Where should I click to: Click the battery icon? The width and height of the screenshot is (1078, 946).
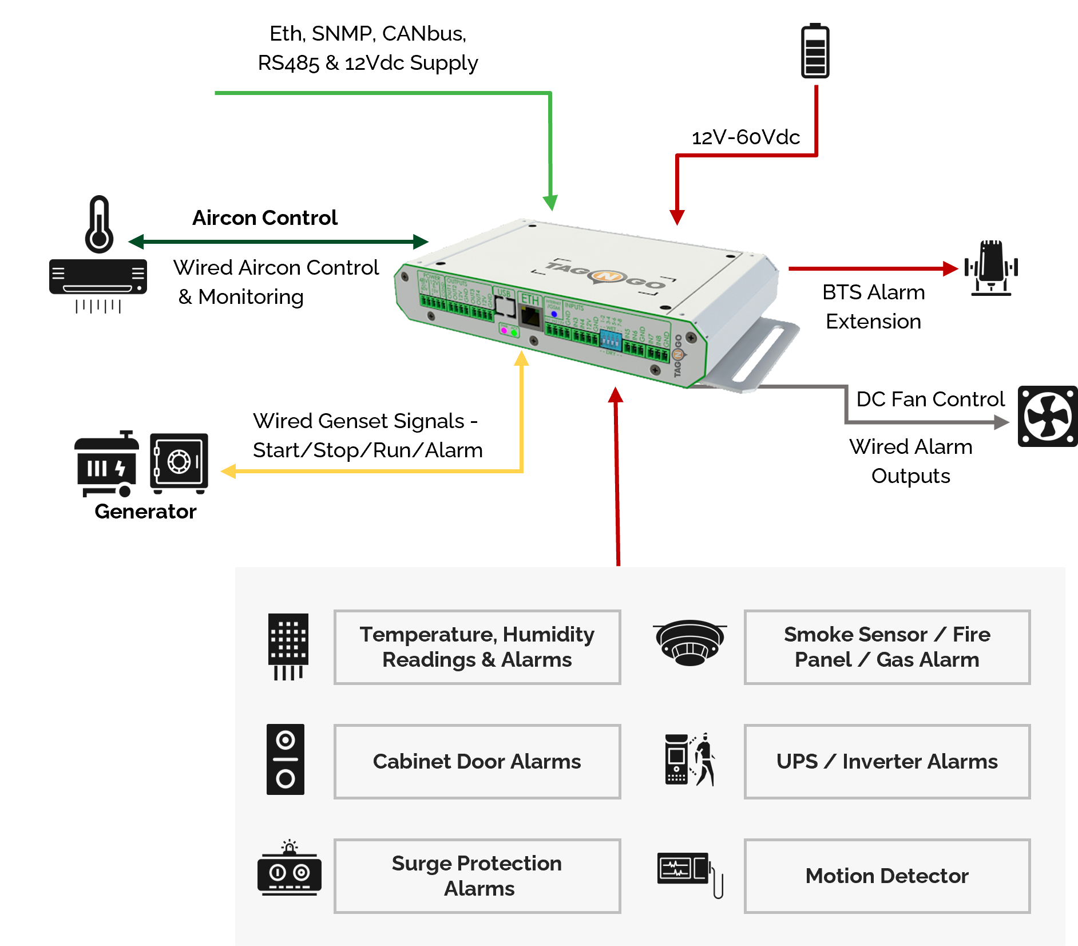(815, 52)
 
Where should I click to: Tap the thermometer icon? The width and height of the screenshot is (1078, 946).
(99, 224)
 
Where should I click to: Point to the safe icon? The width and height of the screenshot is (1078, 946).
(179, 462)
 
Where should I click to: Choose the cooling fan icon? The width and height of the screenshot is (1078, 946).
(1047, 416)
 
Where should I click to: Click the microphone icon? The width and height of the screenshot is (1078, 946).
(991, 267)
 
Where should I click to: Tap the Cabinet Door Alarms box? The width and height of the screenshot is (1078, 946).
(477, 761)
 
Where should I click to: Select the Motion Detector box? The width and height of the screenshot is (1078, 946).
(886, 876)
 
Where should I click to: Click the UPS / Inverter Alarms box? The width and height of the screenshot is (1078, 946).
(886, 761)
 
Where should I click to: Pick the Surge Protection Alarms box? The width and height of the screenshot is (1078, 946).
(477, 876)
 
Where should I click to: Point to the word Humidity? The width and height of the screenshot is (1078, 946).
(548, 634)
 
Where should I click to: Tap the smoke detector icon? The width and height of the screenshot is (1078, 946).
(690, 642)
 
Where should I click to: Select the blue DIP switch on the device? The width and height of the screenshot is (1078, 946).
(610, 342)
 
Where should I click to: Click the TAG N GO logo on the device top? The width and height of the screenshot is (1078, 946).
(605, 276)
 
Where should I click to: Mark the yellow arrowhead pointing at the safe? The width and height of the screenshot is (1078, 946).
(228, 471)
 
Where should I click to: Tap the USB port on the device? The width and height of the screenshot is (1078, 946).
(505, 307)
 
